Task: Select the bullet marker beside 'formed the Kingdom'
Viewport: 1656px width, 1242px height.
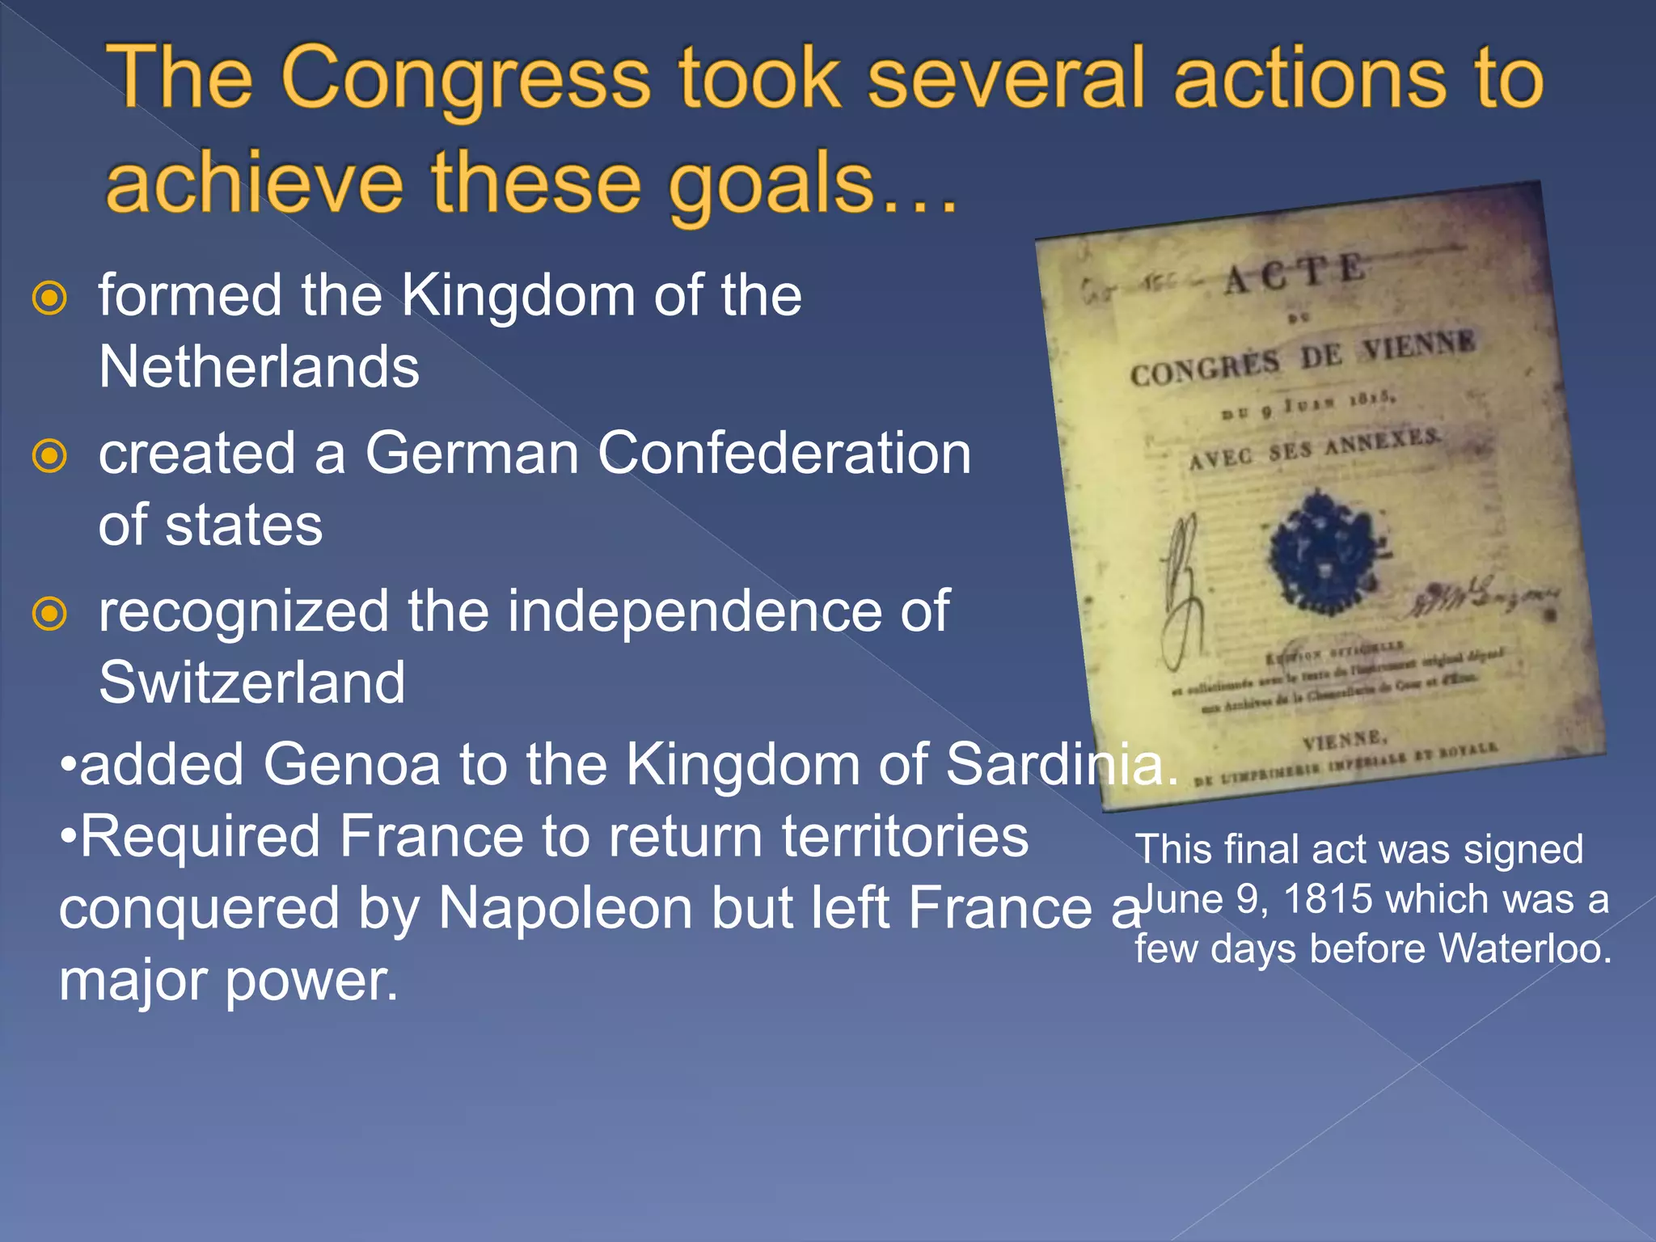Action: click(49, 298)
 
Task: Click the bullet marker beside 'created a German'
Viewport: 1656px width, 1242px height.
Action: click(49, 456)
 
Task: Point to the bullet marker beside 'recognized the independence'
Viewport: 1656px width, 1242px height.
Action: click(49, 614)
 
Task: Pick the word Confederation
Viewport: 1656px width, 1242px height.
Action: click(784, 453)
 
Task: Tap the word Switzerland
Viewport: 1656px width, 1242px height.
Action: click(251, 683)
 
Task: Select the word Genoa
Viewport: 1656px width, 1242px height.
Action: click(352, 764)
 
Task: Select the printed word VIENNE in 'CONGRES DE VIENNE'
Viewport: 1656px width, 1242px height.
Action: click(1419, 347)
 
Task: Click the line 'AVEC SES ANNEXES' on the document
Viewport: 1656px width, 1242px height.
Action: click(1314, 450)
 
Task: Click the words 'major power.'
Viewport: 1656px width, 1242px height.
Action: click(229, 981)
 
